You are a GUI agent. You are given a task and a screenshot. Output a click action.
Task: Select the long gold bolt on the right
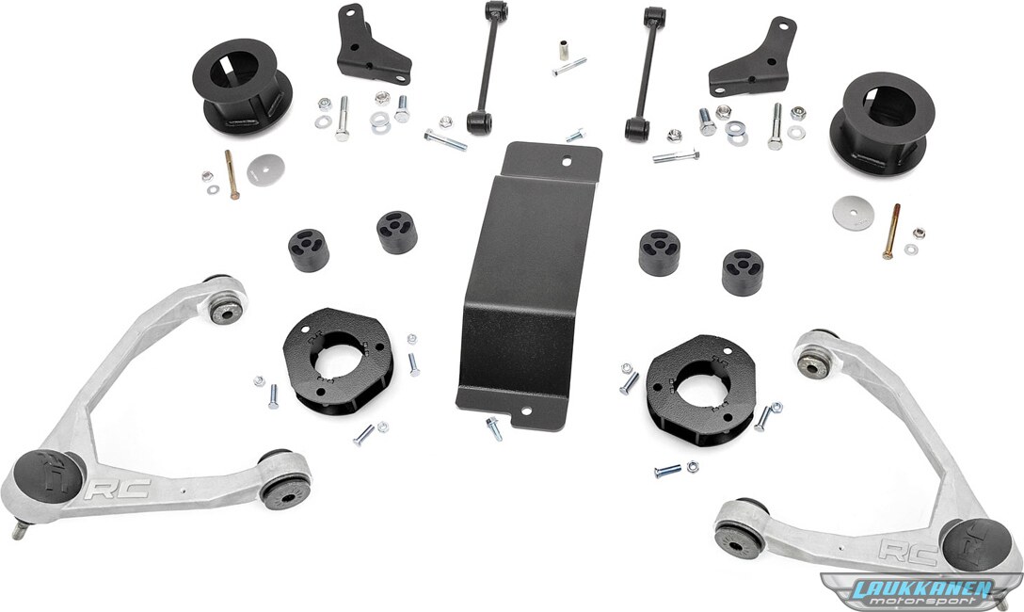tap(891, 232)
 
